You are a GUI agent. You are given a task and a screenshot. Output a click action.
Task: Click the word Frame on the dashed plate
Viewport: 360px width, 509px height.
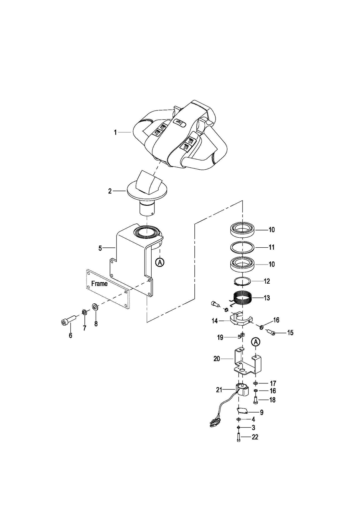(x=99, y=284)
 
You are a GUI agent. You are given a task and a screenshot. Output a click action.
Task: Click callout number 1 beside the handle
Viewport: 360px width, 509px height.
(x=115, y=132)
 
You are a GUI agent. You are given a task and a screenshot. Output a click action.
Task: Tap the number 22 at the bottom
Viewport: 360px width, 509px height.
(x=255, y=437)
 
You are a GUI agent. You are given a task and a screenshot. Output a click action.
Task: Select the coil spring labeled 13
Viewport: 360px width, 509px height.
(x=242, y=297)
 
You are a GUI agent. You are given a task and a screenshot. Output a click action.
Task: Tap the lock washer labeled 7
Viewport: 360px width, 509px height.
(x=84, y=313)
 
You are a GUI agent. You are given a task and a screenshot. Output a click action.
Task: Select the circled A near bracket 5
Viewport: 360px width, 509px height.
(x=160, y=263)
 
